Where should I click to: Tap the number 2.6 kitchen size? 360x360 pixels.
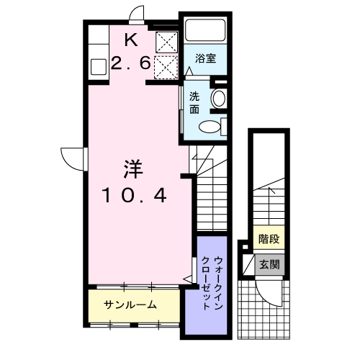(131, 64)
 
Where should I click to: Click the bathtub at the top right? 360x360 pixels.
(205, 30)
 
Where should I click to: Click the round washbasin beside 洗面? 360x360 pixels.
(219, 99)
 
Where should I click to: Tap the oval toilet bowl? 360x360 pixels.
(210, 127)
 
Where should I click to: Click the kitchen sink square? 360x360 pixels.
(99, 68)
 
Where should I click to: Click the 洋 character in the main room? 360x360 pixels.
(133, 170)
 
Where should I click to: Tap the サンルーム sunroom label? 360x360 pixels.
(130, 305)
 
